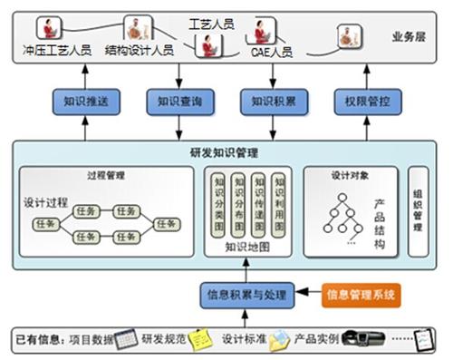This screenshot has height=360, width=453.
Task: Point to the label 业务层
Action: coord(409,37)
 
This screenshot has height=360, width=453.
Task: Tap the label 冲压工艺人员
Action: coord(57,52)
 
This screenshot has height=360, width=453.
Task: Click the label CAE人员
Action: coord(272,52)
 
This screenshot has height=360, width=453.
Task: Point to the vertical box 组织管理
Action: coord(417,210)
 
